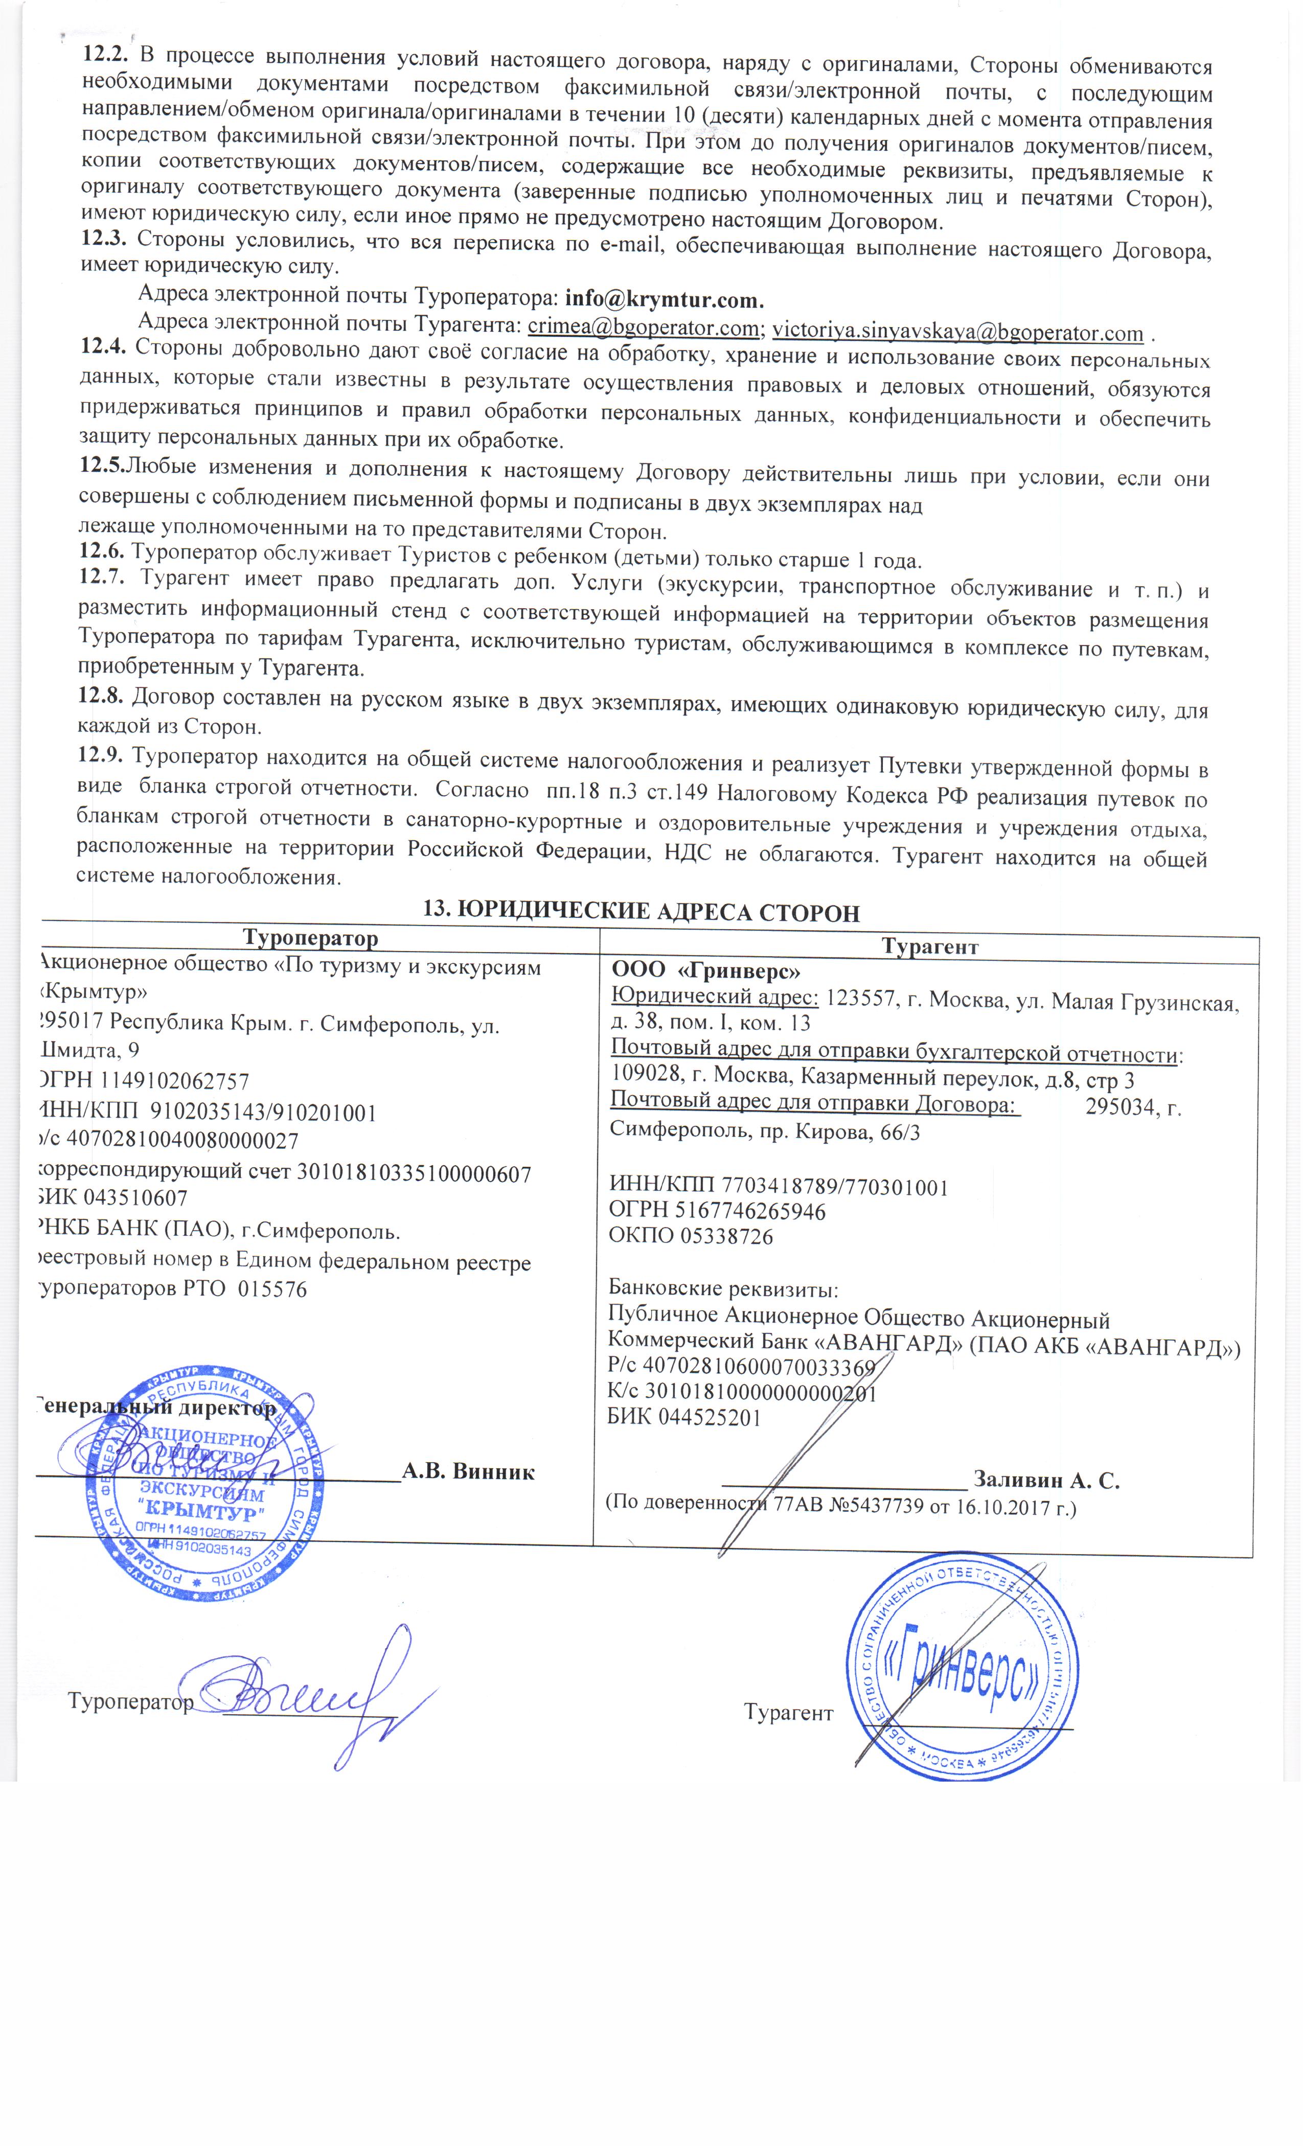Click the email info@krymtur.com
tap(664, 299)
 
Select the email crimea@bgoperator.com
tap(643, 328)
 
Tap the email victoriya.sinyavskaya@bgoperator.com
tap(957, 332)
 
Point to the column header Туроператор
tap(310, 938)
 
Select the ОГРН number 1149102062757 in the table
tap(174, 1082)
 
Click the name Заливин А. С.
tap(1046, 1480)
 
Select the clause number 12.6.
tap(103, 551)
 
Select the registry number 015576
tap(272, 1290)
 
